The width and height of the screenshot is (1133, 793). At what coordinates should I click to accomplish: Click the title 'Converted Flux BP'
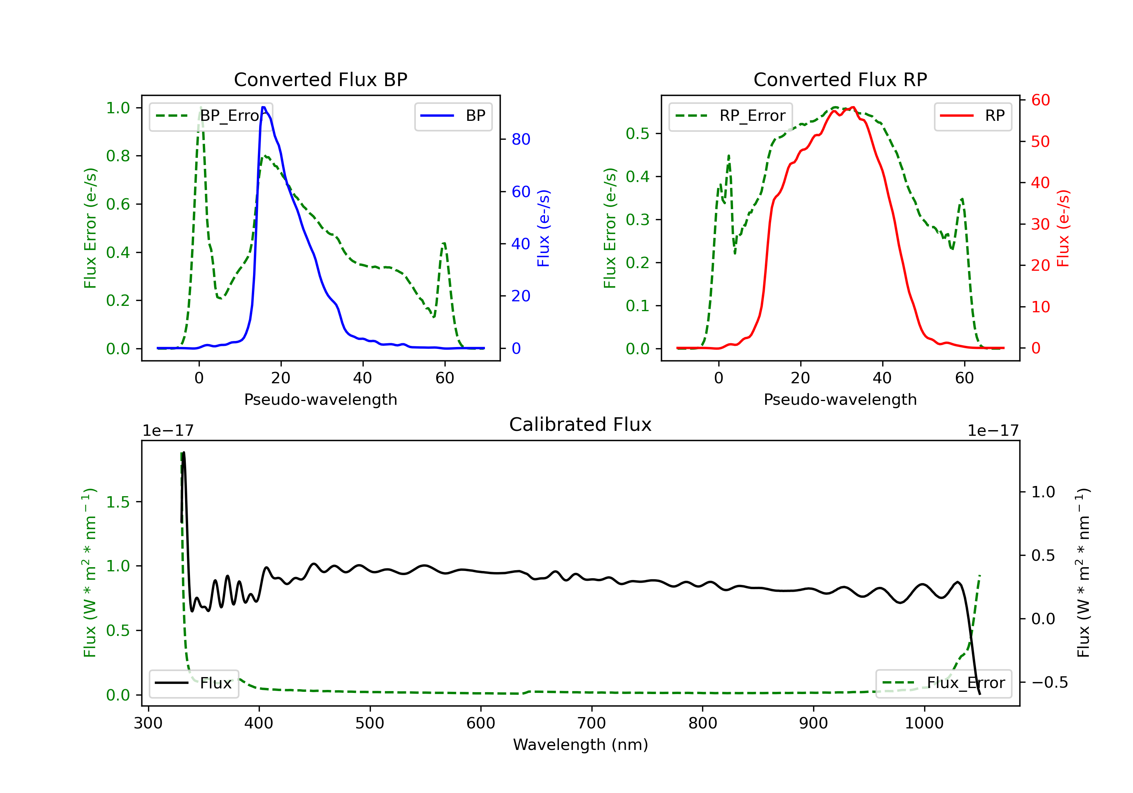pyautogui.click(x=320, y=79)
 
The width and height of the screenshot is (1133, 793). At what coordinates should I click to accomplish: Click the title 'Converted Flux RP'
pyautogui.click(x=840, y=79)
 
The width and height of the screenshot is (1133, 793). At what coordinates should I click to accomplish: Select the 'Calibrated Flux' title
pyautogui.click(x=580, y=424)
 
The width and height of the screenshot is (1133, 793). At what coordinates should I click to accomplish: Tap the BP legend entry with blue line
pyautogui.click(x=453, y=116)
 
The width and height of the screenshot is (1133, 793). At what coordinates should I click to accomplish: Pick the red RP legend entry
pyautogui.click(x=972, y=116)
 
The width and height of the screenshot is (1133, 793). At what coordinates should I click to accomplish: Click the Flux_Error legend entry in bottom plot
pyautogui.click(x=943, y=683)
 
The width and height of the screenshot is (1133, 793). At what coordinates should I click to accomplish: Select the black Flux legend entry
pyautogui.click(x=193, y=683)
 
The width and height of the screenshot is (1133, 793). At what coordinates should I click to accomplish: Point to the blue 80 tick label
pyautogui.click(x=520, y=140)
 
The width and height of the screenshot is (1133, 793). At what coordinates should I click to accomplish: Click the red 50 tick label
pyautogui.click(x=1040, y=142)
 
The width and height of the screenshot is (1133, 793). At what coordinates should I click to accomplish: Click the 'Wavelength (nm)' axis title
pyautogui.click(x=580, y=744)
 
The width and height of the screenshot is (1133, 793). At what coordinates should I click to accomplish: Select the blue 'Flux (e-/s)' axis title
pyautogui.click(x=543, y=228)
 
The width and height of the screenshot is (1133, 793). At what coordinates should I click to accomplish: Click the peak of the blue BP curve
pyautogui.click(x=264, y=107)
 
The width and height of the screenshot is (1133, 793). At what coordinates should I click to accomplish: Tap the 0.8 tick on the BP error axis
pyautogui.click(x=117, y=156)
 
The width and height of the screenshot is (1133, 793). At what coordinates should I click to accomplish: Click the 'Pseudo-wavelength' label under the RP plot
pyautogui.click(x=840, y=399)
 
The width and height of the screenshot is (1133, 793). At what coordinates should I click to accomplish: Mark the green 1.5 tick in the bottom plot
pyautogui.click(x=117, y=502)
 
